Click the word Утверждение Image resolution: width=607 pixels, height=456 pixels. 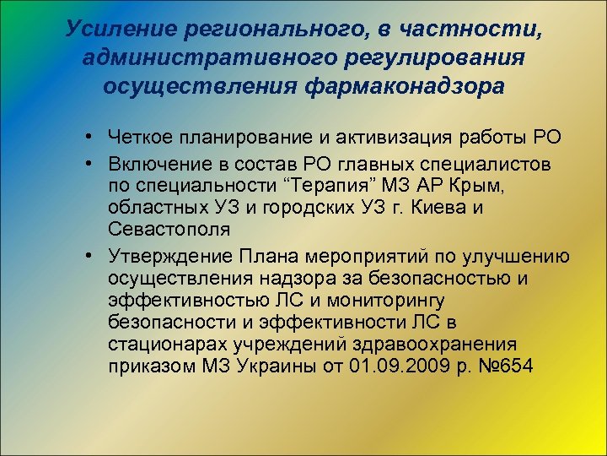171,257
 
